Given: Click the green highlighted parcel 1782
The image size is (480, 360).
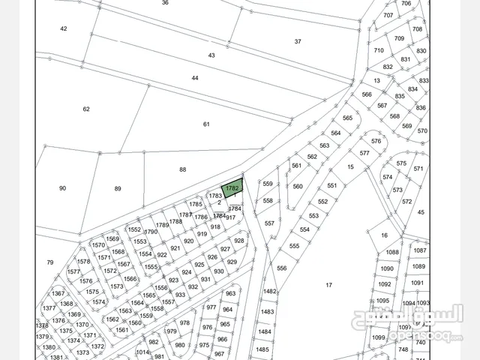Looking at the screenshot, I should (x=232, y=188).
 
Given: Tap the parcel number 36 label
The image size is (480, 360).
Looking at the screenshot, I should (x=165, y=3).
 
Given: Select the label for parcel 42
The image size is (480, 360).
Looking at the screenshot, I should (x=64, y=28).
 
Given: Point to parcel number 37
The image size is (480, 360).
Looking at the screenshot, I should (x=298, y=42).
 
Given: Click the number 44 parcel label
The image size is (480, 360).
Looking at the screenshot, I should (x=195, y=78).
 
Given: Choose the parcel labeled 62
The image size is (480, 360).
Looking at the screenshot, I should (x=86, y=109).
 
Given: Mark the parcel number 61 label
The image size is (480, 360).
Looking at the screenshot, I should (x=206, y=124).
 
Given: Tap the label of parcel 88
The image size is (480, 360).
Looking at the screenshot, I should (x=182, y=169).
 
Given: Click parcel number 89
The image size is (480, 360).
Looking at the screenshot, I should (x=118, y=189).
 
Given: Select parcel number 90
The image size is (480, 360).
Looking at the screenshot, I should (x=62, y=188).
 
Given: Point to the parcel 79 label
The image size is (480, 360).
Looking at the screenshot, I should (x=50, y=262).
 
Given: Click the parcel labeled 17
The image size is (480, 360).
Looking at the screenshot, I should (x=328, y=285).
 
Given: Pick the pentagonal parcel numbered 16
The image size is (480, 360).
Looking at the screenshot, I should (x=384, y=235).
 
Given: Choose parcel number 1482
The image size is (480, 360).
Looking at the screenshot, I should (x=270, y=292).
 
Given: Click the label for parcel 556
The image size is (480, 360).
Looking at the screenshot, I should (x=282, y=268).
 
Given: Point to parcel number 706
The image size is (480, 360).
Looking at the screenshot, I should (x=406, y=3).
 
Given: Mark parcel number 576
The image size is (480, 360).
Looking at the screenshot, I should (x=376, y=141).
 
